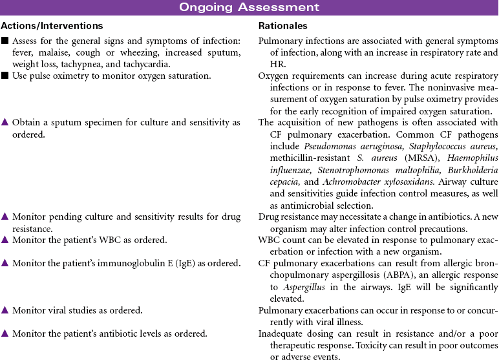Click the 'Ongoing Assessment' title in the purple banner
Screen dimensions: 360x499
tap(249, 8)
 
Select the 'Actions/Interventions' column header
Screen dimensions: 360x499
tap(52, 26)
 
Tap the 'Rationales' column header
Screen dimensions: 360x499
tap(282, 26)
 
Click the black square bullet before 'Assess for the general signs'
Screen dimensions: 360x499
tap(5, 41)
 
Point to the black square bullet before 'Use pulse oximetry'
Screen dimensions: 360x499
tap(5, 76)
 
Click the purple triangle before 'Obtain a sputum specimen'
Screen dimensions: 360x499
tap(5, 123)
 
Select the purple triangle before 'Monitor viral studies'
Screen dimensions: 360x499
tap(5, 310)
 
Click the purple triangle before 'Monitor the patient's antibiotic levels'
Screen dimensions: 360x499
tap(5, 334)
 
